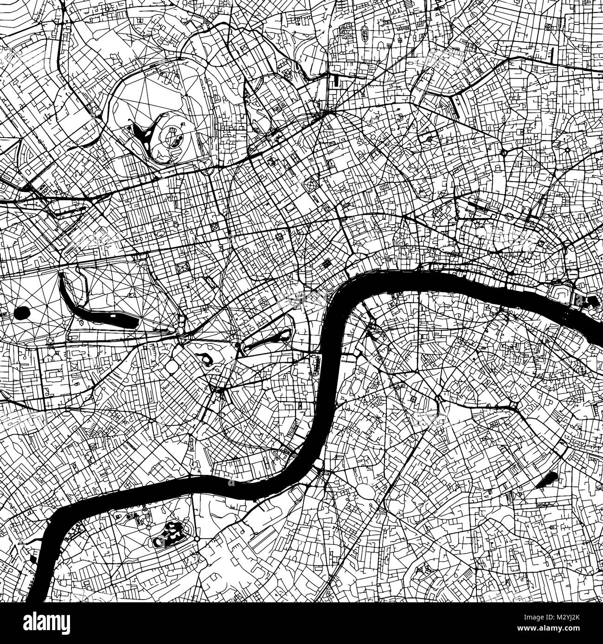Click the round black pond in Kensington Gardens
click(21, 314)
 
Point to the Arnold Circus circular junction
click(567, 150)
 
